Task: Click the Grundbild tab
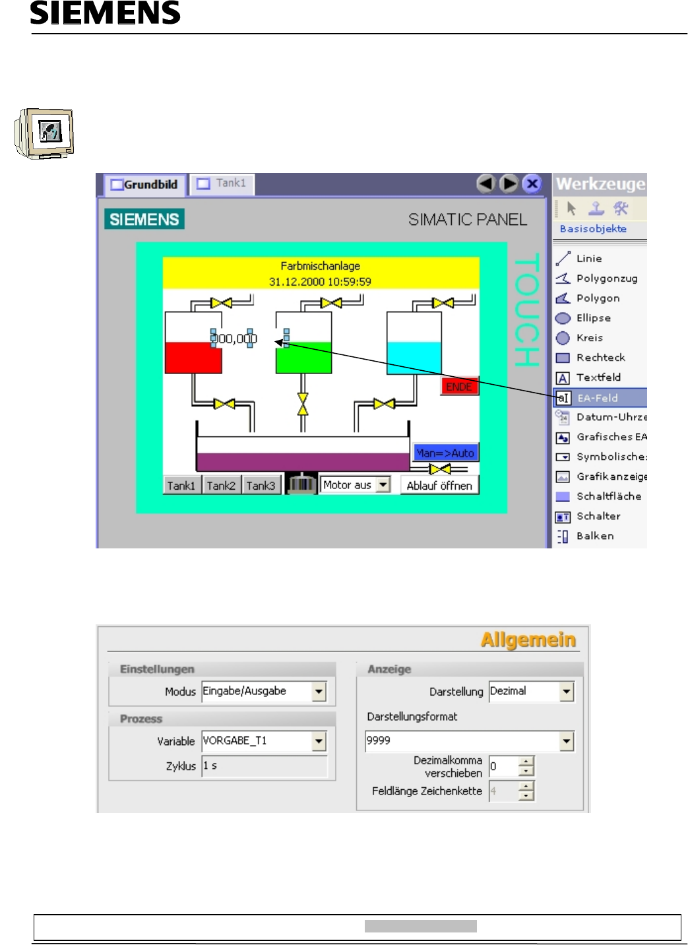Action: click(145, 185)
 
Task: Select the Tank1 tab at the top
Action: click(222, 183)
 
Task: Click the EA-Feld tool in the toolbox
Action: click(598, 398)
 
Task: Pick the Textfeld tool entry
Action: click(598, 377)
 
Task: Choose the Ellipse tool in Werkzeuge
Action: click(593, 318)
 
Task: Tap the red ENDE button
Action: click(459, 387)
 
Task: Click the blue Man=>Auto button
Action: click(445, 453)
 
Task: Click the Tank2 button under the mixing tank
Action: click(221, 486)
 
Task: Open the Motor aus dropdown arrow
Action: click(383, 485)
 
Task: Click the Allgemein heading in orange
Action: click(528, 640)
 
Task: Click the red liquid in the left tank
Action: click(193, 358)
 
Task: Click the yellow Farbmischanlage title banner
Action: click(321, 273)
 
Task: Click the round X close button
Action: click(532, 183)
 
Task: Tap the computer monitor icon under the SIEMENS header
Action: click(45, 133)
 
